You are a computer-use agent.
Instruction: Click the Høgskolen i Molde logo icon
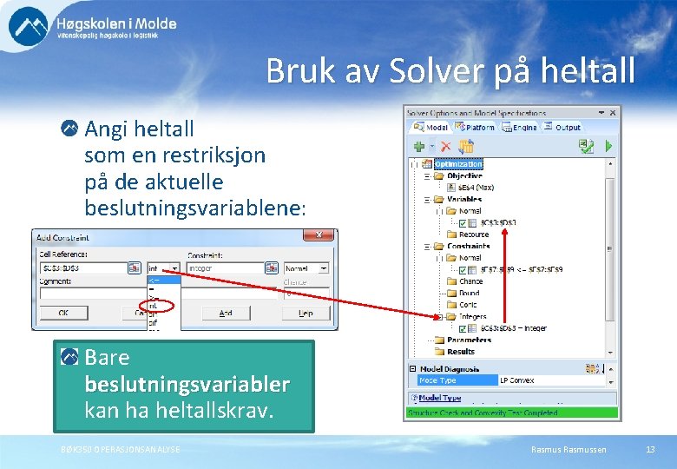point(29,27)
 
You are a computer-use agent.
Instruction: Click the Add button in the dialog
point(226,313)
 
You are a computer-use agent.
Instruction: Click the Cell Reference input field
point(82,268)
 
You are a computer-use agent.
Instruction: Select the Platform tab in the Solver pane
point(476,127)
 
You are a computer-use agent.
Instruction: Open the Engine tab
point(523,127)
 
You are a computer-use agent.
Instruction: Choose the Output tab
point(565,127)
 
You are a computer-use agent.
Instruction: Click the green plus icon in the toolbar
point(418,146)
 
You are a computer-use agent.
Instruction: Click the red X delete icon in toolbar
point(445,146)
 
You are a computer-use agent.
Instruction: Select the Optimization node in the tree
point(457,163)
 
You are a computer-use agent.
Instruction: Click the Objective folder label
point(464,175)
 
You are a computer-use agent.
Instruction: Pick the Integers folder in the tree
point(472,317)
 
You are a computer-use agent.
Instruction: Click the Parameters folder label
point(470,340)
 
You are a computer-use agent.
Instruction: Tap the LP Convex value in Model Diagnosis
point(517,380)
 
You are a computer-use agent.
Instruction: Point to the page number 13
point(650,449)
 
